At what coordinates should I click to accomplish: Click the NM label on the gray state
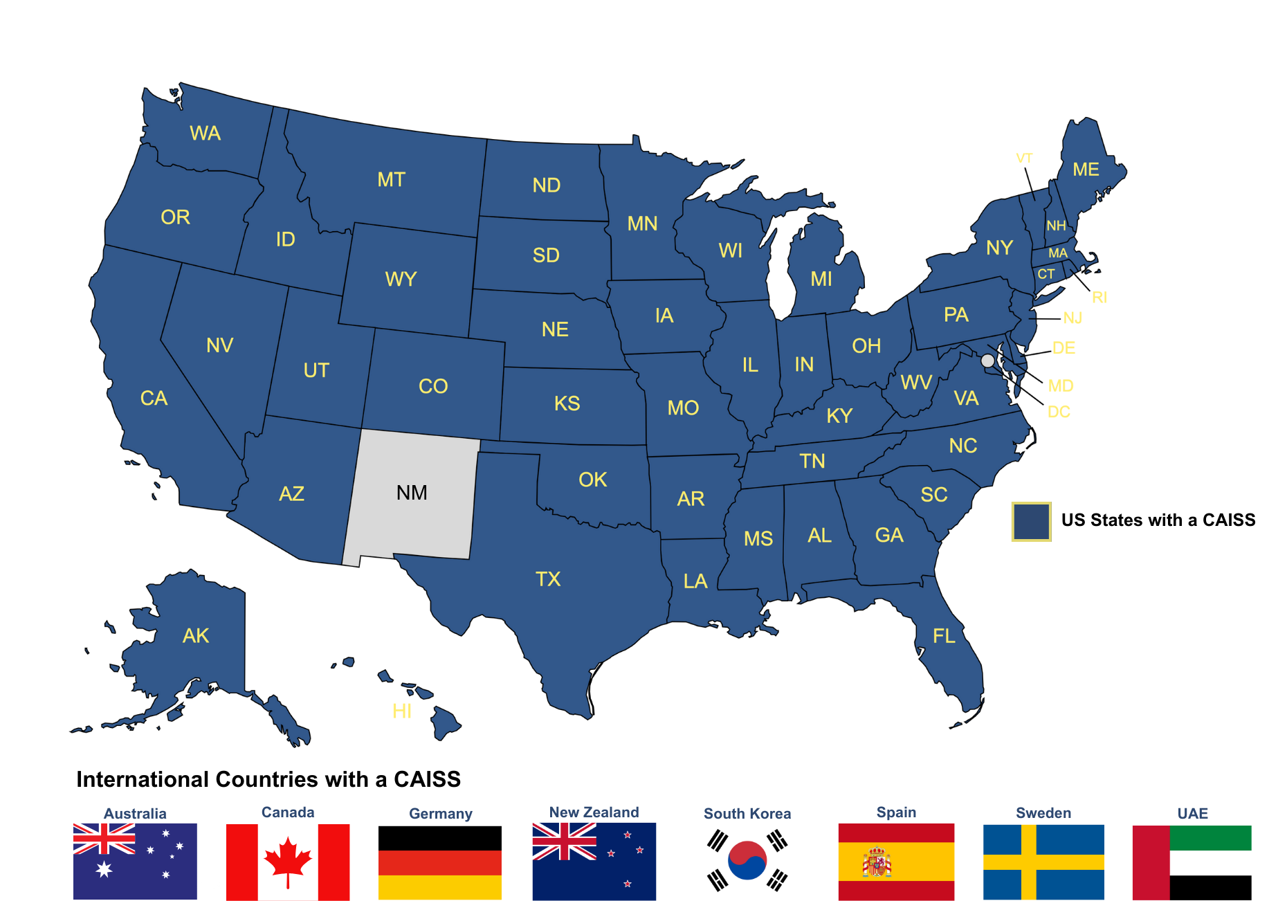click(x=412, y=493)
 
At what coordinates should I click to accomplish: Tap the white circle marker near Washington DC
click(x=987, y=361)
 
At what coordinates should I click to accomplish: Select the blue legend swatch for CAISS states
click(x=1031, y=521)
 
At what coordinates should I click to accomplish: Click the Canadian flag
click(x=288, y=862)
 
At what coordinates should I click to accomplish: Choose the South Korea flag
click(x=747, y=860)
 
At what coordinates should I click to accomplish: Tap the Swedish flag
click(x=1043, y=862)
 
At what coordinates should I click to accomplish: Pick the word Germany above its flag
click(x=441, y=814)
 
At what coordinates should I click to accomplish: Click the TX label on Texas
click(x=548, y=579)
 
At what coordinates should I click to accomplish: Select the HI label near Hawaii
click(x=402, y=711)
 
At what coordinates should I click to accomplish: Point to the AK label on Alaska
click(x=196, y=636)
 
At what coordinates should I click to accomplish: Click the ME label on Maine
click(x=1086, y=170)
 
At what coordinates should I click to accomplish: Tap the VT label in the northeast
click(x=1024, y=158)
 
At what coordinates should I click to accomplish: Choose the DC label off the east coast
click(x=1059, y=412)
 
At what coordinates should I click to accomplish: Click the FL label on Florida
click(x=944, y=636)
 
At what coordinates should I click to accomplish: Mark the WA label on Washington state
click(x=206, y=133)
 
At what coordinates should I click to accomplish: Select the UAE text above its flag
click(x=1193, y=813)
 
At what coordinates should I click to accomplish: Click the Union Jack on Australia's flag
click(x=104, y=839)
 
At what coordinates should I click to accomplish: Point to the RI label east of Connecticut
click(x=1099, y=298)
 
